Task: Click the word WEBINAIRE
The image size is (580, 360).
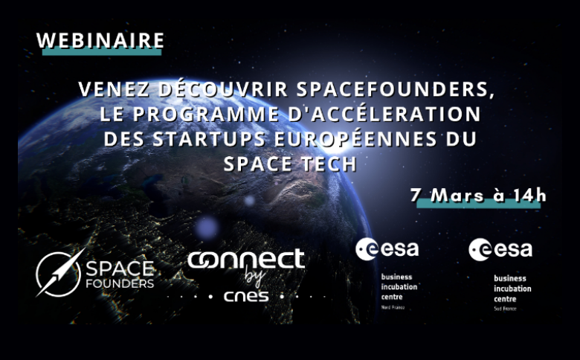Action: [100, 39]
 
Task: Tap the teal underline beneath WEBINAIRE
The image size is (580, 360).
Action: [100, 53]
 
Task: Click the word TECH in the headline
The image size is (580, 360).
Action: [325, 164]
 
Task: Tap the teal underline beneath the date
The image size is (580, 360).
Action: [476, 205]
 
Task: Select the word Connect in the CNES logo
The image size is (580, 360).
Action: [245, 260]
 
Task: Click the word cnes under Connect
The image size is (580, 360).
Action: [245, 297]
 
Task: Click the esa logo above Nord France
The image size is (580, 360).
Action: [387, 248]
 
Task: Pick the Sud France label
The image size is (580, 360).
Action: [505, 307]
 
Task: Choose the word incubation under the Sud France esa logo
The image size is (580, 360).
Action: [512, 288]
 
